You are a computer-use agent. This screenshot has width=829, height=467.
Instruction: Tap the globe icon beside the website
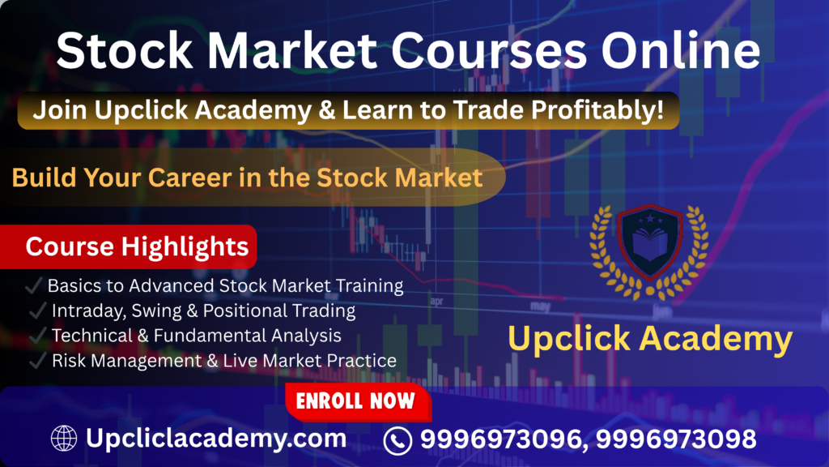pos(64,439)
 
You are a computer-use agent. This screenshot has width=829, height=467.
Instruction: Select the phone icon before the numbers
pos(397,440)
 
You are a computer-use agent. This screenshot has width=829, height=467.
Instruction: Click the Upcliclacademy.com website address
pos(216,439)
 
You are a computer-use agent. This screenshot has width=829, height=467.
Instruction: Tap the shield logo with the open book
pos(649,243)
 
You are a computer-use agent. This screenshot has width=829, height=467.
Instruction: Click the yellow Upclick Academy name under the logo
pos(650,339)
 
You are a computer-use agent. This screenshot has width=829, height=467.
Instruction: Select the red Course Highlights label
pos(137,247)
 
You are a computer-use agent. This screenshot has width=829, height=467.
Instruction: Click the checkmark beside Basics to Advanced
pos(35,286)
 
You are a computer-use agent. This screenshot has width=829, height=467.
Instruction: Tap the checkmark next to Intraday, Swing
pos(37,311)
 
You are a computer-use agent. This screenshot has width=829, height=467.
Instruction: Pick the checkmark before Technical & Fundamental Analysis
pos(37,335)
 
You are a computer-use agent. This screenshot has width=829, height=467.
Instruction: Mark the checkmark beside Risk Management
pos(37,360)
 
